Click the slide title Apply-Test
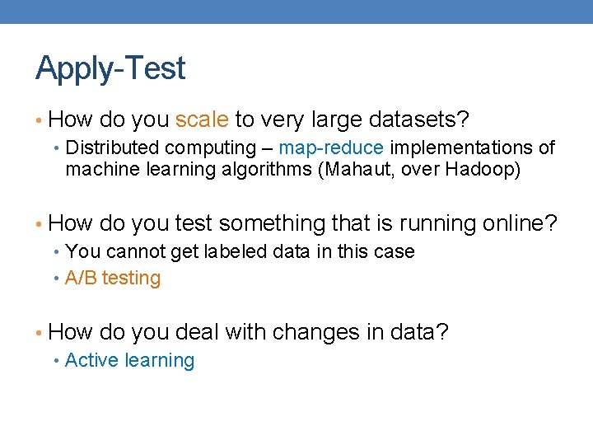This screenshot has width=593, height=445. click(110, 68)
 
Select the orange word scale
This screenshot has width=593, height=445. click(202, 120)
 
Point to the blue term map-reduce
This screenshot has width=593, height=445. click(331, 148)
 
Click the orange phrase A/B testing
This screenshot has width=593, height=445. click(113, 279)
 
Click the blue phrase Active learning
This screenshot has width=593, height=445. click(129, 361)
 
